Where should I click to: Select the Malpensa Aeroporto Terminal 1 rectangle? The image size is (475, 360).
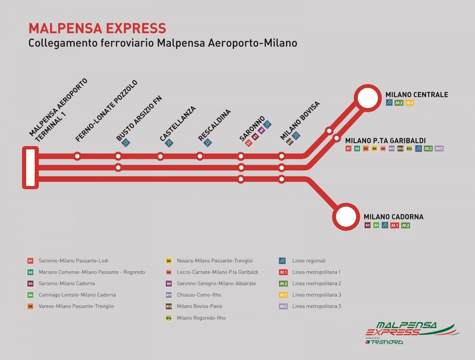tap(30, 167)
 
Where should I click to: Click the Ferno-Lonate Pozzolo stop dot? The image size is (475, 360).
tap(78, 156)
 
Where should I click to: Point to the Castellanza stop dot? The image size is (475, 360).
tap(160, 156)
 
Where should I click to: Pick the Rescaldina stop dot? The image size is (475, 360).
tap(200, 156)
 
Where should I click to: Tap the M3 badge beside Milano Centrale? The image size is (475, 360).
tap(410, 103)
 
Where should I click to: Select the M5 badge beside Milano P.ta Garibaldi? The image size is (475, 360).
tap(439, 149)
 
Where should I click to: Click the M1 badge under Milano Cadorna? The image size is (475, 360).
tap(394, 225)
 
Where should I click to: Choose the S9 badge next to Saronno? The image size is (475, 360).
tap(261, 130)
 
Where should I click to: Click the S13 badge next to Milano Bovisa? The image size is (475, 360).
tap(289, 141)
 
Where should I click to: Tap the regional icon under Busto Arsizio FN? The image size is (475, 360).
tap(126, 143)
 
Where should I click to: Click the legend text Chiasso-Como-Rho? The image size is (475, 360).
tap(199, 295)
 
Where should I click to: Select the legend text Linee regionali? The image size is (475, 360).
tap(309, 261)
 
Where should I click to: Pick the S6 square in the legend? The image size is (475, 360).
tap(169, 261)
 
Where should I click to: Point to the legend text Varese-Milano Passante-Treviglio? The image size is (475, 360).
tap(76, 306)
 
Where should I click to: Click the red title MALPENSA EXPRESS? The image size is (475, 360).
tap(97, 29)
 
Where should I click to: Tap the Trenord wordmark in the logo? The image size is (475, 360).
tap(386, 341)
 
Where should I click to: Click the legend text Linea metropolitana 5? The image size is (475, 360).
tap(316, 306)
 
